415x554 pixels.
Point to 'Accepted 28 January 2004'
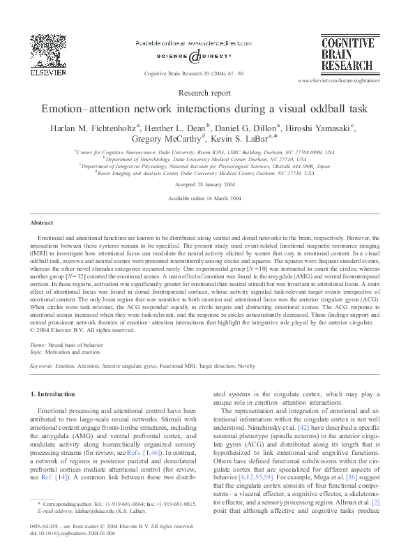tap(207, 184)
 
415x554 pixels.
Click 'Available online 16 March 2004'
tap(207, 198)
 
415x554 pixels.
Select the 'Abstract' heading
tap(42, 223)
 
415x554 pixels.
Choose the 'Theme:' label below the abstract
tap(39, 345)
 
